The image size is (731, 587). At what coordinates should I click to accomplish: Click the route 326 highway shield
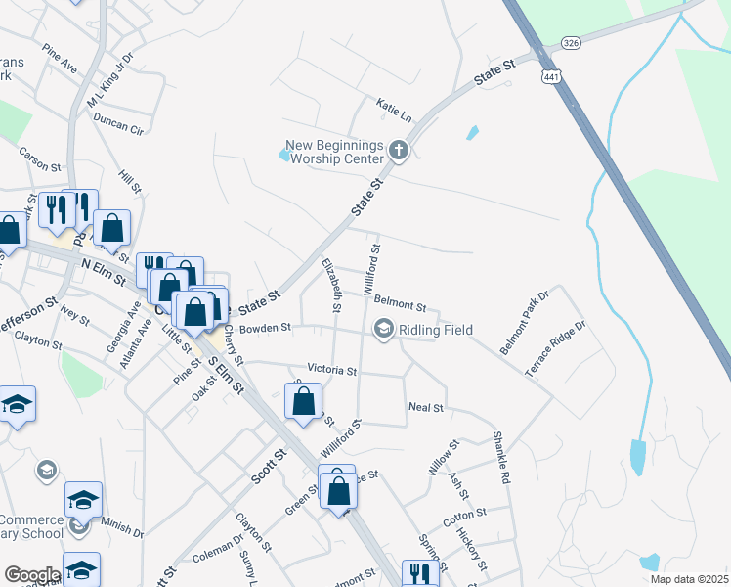pyautogui.click(x=574, y=43)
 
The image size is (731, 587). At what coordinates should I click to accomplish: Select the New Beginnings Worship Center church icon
pyautogui.click(x=398, y=151)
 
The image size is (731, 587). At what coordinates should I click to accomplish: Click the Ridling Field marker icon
pyautogui.click(x=383, y=330)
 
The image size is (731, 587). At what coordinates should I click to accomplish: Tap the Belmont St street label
pyautogui.click(x=401, y=306)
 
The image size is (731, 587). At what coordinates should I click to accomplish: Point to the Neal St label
pyautogui.click(x=426, y=407)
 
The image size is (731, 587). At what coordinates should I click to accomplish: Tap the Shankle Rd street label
pyautogui.click(x=501, y=459)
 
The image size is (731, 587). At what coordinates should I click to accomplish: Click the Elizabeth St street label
pyautogui.click(x=332, y=284)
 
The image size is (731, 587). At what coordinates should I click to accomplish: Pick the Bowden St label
pyautogui.click(x=266, y=327)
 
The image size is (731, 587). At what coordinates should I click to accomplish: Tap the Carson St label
pyautogui.click(x=39, y=156)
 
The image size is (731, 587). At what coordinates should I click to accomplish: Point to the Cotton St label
pyautogui.click(x=464, y=514)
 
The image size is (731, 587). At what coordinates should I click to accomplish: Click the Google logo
pyautogui.click(x=31, y=575)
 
